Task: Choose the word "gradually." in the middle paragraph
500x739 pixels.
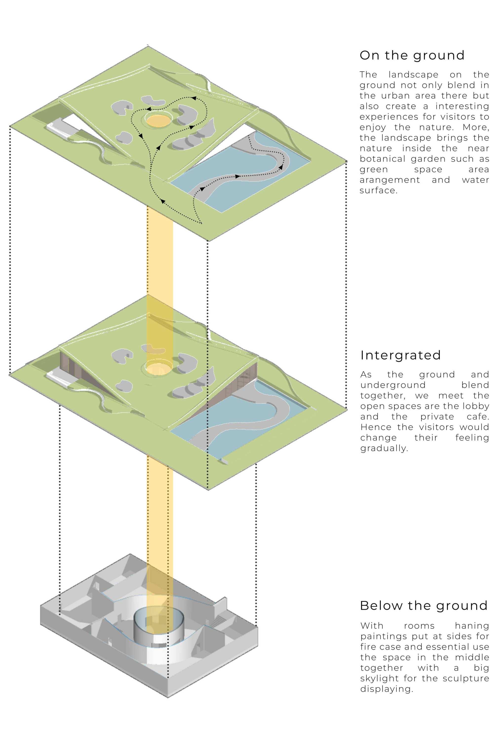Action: [x=384, y=448]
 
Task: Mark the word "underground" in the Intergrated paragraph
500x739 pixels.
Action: [x=392, y=385]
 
